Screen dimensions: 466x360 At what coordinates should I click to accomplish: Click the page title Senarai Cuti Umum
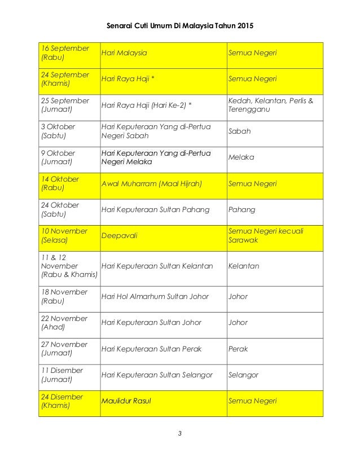(x=180, y=26)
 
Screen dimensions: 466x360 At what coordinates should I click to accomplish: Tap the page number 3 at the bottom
(x=180, y=434)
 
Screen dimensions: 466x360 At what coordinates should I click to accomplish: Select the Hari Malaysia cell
(x=124, y=54)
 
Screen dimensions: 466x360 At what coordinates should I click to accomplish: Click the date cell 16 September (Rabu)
(x=65, y=53)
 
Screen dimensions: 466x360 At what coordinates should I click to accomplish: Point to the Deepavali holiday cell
(x=119, y=236)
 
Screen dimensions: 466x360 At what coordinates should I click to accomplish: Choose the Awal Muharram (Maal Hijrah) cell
(x=152, y=184)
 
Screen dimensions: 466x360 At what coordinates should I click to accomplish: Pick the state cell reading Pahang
(x=242, y=210)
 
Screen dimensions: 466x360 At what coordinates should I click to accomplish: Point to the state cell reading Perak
(x=238, y=349)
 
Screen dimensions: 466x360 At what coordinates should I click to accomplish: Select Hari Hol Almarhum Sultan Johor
(x=155, y=297)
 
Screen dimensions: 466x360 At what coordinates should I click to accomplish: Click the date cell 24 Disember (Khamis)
(x=63, y=401)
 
